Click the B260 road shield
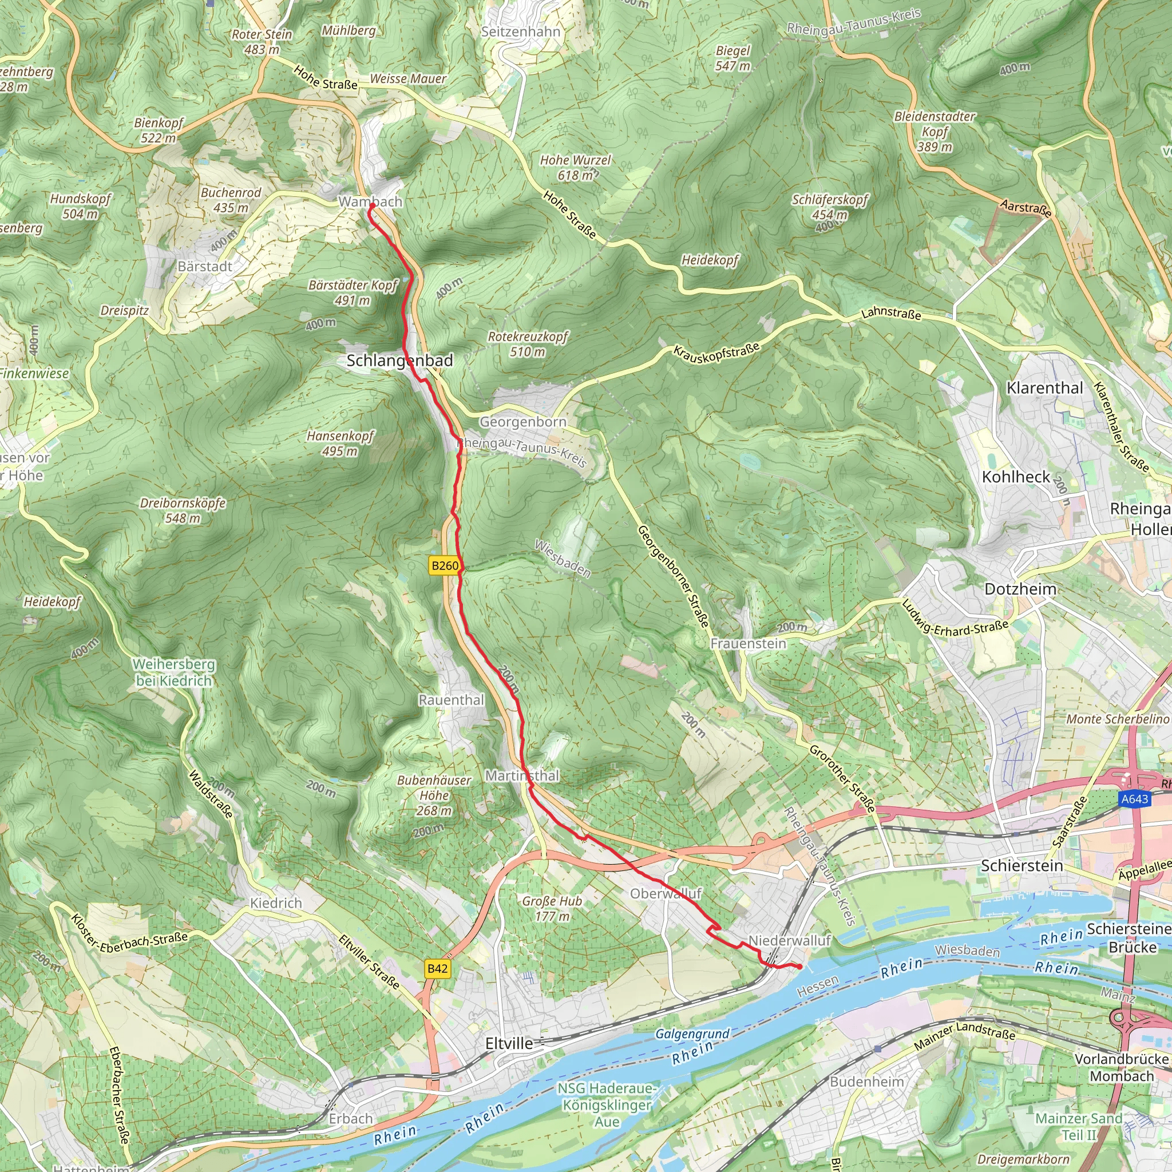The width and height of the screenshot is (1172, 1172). coord(445,566)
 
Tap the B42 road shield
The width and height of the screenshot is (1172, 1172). coord(437,968)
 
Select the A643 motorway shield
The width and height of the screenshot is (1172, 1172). coord(1134,799)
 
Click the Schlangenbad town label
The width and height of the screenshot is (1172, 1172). coord(400,361)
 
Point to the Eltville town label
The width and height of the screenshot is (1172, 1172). coord(509,1043)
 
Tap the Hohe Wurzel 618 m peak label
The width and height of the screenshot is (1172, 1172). coord(575,168)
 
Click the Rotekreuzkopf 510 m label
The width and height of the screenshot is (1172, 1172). coord(528,344)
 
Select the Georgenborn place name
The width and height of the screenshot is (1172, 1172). coord(522,422)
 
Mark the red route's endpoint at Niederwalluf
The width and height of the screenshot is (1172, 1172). coord(799,967)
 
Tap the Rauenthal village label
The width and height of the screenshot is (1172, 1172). coord(452,700)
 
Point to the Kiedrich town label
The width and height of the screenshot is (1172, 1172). coord(276,903)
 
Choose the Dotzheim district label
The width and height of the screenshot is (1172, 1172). coord(1020,589)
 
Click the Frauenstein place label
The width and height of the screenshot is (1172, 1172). coord(748,643)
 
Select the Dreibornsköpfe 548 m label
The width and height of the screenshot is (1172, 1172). coord(183,510)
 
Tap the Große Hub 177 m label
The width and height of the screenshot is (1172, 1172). coord(552,909)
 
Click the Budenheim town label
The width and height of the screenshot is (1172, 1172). coord(866,1082)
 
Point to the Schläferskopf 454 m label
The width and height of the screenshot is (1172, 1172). coord(830,206)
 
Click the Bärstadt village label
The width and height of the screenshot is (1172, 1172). coord(204,266)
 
